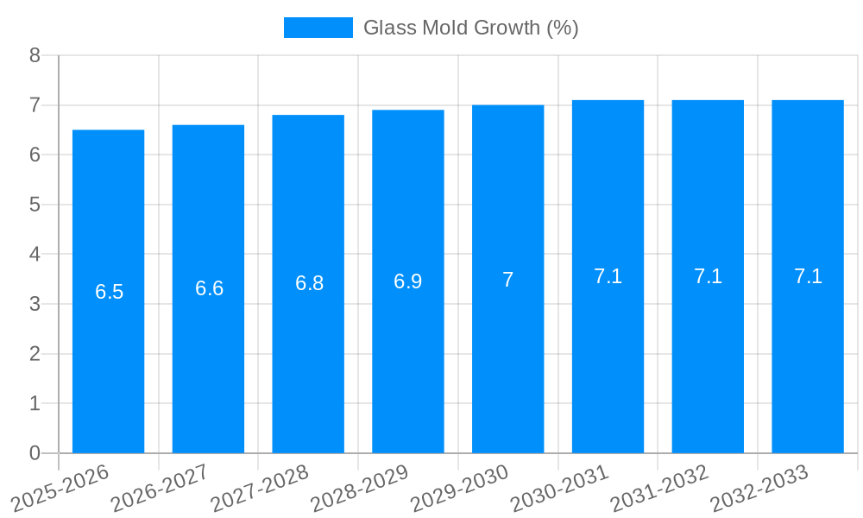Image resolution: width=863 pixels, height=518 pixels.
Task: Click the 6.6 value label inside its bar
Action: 209,288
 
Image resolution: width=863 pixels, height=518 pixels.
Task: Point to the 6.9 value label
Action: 407,281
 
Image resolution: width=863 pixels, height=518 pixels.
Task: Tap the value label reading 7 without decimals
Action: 507,280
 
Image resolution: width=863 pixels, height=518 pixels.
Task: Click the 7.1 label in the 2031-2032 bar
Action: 708,276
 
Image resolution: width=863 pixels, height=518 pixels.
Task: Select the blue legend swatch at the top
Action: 318,28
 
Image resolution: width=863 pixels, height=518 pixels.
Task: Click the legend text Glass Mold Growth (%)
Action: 470,28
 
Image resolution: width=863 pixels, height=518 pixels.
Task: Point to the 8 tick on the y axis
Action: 35,55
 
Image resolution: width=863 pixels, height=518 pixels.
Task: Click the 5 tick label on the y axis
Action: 35,205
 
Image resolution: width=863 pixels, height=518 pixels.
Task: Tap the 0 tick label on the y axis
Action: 35,453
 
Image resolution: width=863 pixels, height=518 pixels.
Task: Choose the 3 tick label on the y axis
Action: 35,304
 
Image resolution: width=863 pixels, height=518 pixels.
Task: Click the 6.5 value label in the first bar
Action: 109,292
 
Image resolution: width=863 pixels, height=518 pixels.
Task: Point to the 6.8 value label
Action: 309,283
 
